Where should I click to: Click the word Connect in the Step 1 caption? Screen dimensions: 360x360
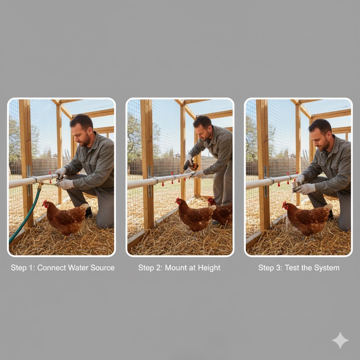51,268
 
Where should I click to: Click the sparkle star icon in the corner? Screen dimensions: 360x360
340,340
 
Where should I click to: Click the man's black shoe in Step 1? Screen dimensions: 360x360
89,212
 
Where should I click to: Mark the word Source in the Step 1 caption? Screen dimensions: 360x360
102,268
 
